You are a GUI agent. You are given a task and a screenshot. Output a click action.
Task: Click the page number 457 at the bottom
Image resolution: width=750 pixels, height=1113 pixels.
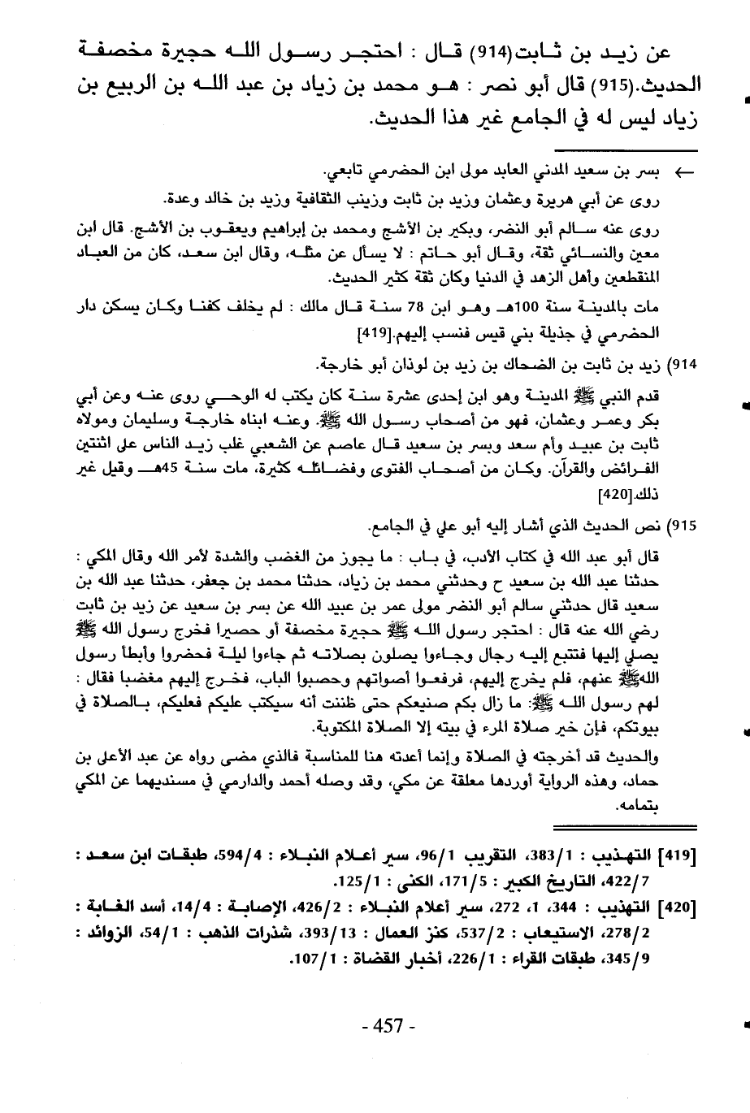coord(388,1026)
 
